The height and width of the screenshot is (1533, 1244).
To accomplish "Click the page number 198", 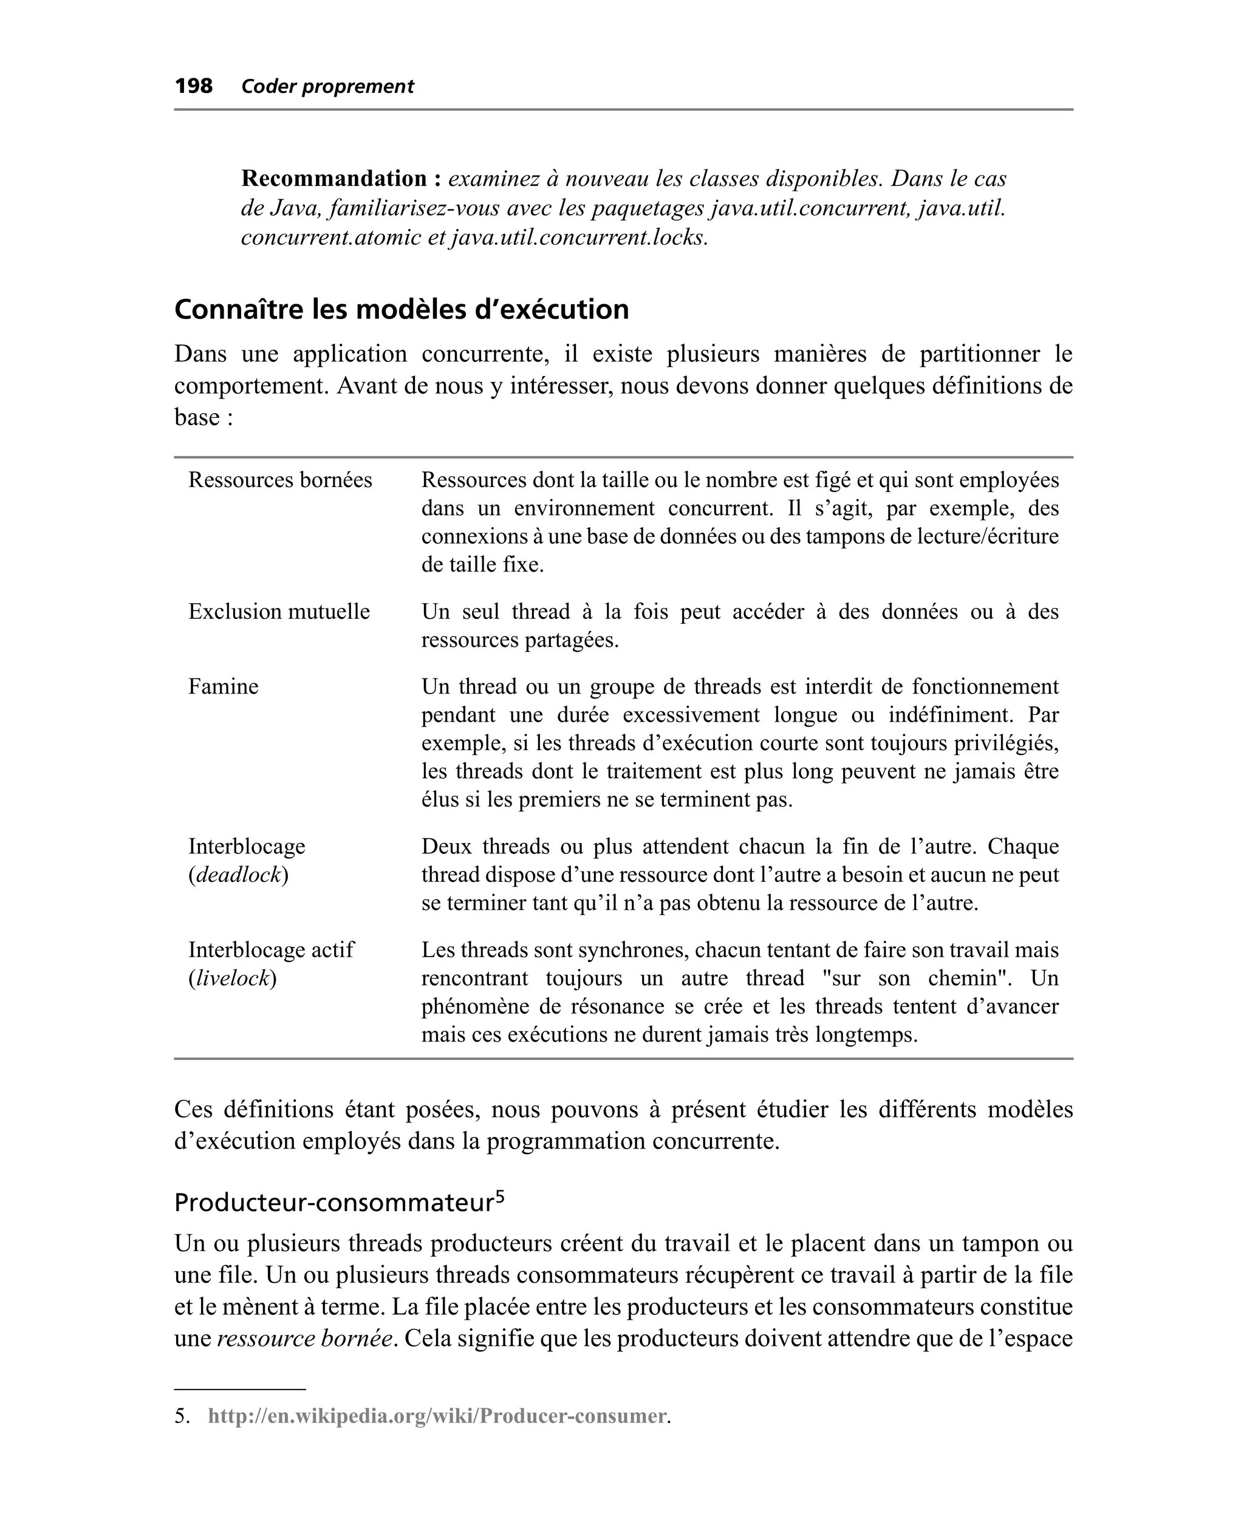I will (194, 86).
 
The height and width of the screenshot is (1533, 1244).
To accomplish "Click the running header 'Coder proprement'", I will (327, 87).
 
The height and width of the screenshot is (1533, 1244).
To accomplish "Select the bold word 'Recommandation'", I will (334, 178).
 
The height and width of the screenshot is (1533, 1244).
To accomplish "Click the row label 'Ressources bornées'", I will (280, 480).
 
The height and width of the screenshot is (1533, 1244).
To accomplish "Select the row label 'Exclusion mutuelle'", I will (279, 611).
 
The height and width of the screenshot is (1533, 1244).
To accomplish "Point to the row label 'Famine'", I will (223, 686).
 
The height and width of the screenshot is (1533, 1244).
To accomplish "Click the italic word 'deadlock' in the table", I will (239, 875).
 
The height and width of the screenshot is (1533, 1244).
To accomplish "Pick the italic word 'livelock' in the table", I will (233, 978).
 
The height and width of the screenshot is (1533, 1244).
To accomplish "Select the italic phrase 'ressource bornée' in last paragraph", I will (306, 1338).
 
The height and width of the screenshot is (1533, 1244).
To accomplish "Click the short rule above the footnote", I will (239, 1389).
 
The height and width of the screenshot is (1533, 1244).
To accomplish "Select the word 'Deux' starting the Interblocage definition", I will (446, 846).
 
